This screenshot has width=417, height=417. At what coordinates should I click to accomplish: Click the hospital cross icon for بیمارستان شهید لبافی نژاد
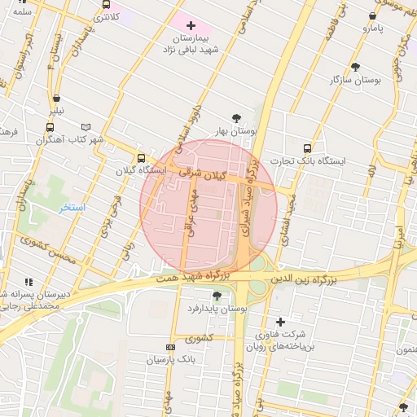click(191, 26)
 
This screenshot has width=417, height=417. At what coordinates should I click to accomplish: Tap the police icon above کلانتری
click(105, 4)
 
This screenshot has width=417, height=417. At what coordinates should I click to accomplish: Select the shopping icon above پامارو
click(372, 15)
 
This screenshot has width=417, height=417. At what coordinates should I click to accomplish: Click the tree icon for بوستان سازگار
click(355, 67)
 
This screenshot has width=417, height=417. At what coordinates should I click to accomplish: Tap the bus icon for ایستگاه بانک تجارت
click(307, 148)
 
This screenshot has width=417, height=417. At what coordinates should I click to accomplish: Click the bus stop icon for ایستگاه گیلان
click(141, 158)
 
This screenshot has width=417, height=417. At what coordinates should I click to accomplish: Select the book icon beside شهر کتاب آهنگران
click(86, 127)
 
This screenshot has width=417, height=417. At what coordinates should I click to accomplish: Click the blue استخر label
click(72, 208)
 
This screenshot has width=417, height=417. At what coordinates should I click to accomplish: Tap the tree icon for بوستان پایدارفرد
click(216, 296)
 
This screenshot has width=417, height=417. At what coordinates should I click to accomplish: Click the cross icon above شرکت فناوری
click(281, 322)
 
